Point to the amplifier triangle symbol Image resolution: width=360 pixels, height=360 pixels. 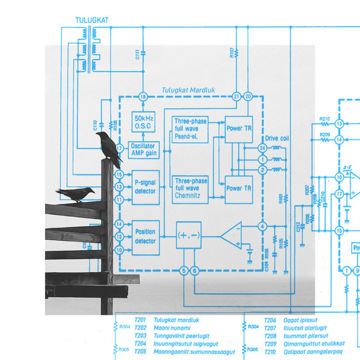(231, 235)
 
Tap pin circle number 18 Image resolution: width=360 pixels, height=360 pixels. (143, 97)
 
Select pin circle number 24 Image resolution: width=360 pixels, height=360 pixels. (262, 148)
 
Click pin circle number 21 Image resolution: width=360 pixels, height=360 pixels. (236, 97)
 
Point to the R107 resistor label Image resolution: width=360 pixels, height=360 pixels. (232, 53)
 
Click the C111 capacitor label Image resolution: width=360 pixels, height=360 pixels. (137, 55)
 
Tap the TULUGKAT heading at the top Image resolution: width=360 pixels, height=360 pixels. (92, 21)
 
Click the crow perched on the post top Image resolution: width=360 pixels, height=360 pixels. (109, 148)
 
